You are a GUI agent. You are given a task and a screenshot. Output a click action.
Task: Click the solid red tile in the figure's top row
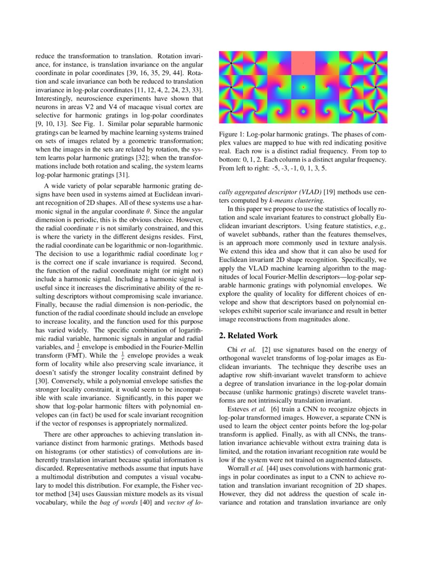(303, 63)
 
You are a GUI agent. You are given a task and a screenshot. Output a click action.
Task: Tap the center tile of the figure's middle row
(303, 87)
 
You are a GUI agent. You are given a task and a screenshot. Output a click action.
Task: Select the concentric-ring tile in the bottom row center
(303, 111)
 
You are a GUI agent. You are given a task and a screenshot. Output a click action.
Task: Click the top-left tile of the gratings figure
(230, 63)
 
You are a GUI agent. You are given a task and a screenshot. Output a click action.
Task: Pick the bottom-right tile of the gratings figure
(376, 111)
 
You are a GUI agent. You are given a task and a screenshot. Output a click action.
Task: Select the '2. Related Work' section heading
(248, 336)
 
